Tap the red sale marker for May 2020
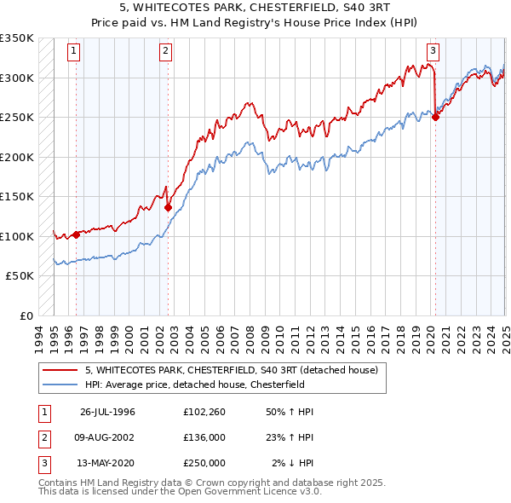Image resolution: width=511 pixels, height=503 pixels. [435, 118]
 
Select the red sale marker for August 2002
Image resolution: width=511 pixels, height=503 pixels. [168, 207]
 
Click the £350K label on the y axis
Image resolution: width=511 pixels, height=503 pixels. [17, 38]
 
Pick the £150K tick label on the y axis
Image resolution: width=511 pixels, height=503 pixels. [17, 196]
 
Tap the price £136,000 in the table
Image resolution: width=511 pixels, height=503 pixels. [204, 438]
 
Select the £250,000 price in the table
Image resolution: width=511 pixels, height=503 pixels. [204, 464]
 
